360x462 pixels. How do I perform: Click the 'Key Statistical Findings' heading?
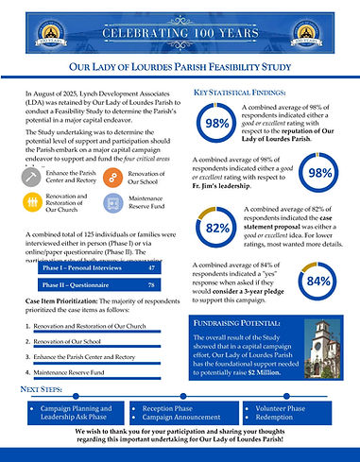pos(240,92)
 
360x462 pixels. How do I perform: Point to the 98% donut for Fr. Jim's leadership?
pos(319,173)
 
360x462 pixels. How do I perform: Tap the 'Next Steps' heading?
pos(48,389)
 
